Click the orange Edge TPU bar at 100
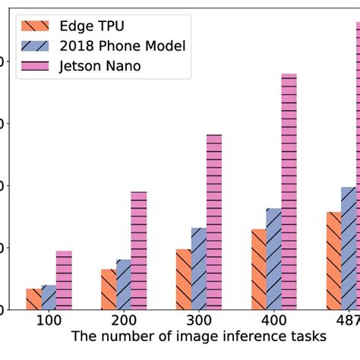pyautogui.click(x=33, y=299)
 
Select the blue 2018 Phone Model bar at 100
pyautogui.click(x=49, y=298)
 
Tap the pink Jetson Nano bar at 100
pyautogui.click(x=64, y=280)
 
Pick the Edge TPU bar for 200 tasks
pyautogui.click(x=109, y=289)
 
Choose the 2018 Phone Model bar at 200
pyautogui.click(x=124, y=285)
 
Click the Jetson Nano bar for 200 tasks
pyautogui.click(x=139, y=251)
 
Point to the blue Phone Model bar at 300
pyautogui.click(x=199, y=269)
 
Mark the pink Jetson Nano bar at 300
pyautogui.click(x=214, y=222)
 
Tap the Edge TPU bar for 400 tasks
pyautogui.click(x=259, y=270)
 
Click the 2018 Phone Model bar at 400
pyautogui.click(x=274, y=259)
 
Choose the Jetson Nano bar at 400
pyautogui.click(x=289, y=191)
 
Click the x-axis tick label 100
pyautogui.click(x=49, y=321)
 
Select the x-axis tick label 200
pyautogui.click(x=124, y=321)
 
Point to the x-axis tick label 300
pyautogui.click(x=199, y=321)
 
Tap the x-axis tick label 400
pyautogui.click(x=274, y=321)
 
